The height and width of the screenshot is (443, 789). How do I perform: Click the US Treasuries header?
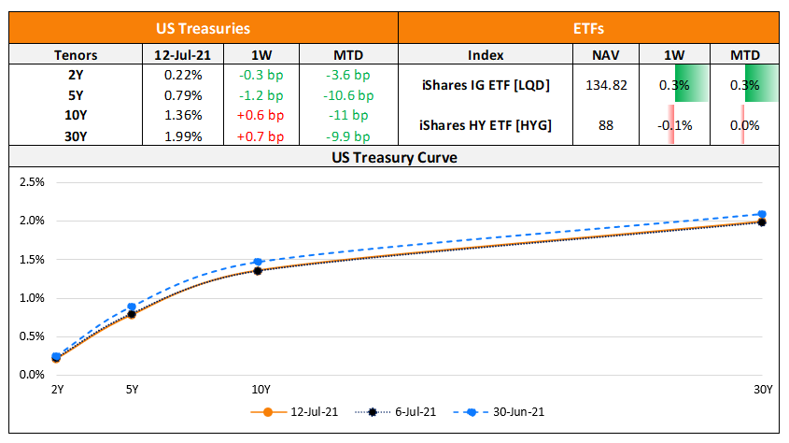click(204, 29)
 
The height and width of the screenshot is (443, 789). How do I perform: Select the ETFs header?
click(588, 29)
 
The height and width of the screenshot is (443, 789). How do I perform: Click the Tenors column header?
click(77, 54)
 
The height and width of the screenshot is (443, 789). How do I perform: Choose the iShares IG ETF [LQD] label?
click(485, 84)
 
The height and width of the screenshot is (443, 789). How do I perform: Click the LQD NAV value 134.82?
click(606, 84)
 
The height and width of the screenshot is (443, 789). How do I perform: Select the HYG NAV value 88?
click(606, 125)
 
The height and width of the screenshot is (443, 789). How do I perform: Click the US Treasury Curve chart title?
click(394, 158)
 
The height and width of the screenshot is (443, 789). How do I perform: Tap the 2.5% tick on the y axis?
click(32, 182)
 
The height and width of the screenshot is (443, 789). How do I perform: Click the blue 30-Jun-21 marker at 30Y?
click(762, 214)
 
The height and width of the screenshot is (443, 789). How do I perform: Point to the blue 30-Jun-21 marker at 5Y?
click(132, 307)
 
